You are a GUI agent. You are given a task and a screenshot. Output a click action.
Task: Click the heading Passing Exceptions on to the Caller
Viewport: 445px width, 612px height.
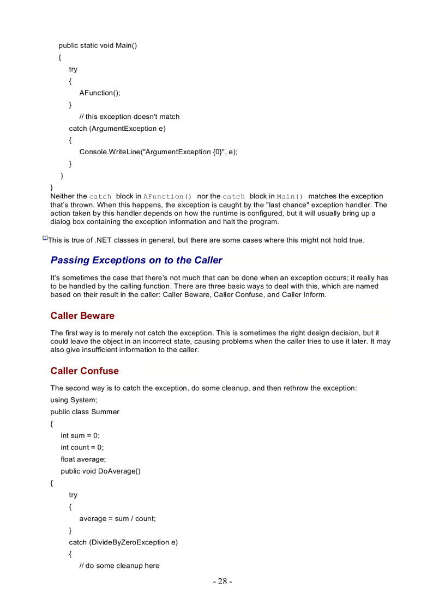click(136, 260)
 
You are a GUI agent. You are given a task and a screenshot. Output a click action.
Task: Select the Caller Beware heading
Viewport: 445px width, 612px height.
click(82, 316)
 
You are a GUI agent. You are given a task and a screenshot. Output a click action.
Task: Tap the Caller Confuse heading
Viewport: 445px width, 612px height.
click(85, 371)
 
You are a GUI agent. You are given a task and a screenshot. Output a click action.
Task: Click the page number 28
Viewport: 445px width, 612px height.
click(222, 581)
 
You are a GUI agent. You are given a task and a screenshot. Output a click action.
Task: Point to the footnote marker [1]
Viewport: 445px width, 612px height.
click(45, 238)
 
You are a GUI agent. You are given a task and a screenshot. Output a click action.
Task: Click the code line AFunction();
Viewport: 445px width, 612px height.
click(100, 93)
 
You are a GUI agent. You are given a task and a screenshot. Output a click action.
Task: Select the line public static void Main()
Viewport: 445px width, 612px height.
click(98, 45)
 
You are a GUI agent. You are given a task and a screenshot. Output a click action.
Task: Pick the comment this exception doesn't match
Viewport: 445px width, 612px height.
click(129, 117)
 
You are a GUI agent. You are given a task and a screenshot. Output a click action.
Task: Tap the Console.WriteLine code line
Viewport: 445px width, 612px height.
click(158, 152)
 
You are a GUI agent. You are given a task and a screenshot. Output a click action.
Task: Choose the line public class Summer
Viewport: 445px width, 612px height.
click(85, 412)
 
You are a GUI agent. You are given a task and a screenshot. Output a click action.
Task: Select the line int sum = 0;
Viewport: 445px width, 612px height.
click(80, 435)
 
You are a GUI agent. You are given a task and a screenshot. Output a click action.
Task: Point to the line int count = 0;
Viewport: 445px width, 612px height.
click(82, 447)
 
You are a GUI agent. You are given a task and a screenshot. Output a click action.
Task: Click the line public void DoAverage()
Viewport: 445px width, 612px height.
click(100, 471)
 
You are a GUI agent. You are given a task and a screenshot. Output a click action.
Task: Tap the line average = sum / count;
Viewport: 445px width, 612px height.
click(117, 519)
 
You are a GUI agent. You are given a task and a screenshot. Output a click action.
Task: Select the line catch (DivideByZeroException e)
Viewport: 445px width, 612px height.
click(123, 542)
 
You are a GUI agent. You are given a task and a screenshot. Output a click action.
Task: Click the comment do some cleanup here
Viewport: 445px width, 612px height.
click(119, 566)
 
